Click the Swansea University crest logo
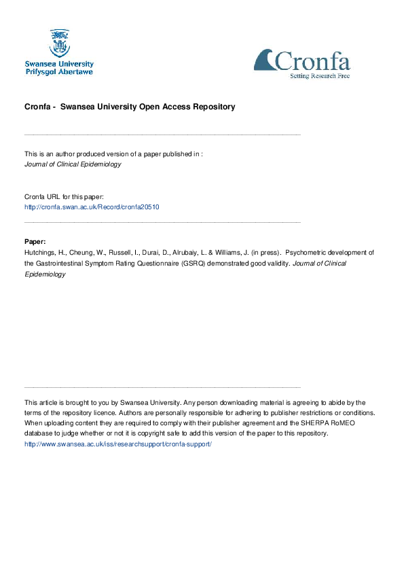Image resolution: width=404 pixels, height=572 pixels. click(59, 43)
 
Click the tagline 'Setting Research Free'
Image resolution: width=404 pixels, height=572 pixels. click(319, 76)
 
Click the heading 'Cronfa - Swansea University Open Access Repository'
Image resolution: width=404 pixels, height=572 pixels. click(130, 107)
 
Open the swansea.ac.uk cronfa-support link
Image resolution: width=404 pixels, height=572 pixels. click(118, 444)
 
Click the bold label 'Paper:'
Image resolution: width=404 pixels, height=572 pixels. click(35, 241)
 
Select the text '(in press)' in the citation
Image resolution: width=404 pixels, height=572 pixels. click(267, 252)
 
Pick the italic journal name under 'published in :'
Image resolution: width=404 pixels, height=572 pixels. click(73, 164)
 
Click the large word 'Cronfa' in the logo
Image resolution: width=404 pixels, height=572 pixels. click(313, 61)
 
